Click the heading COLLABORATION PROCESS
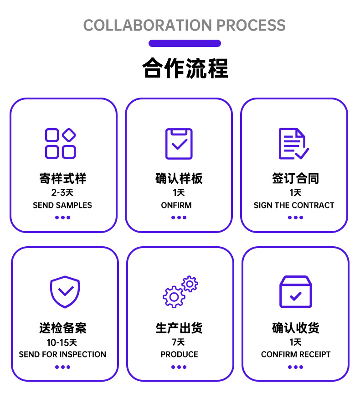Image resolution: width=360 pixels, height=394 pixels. pyautogui.click(x=185, y=25)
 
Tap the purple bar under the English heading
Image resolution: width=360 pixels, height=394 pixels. pyautogui.click(x=185, y=43)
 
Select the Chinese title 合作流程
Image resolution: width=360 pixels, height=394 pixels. pyautogui.click(x=185, y=68)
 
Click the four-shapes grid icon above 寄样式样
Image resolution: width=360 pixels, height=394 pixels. pyautogui.click(x=60, y=143)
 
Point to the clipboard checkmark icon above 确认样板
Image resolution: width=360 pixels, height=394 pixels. pyautogui.click(x=179, y=144)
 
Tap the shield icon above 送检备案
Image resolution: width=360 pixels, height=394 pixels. pyautogui.click(x=65, y=292)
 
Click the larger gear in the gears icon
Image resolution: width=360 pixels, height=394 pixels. pyautogui.click(x=174, y=297)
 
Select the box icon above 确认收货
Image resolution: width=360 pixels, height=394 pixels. pyautogui.click(x=295, y=292)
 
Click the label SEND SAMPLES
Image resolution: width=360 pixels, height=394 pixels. pyautogui.click(x=62, y=205)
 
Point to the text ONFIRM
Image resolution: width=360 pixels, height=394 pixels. pyautogui.click(x=176, y=205)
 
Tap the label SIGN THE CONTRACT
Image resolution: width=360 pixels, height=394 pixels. pyautogui.click(x=294, y=205)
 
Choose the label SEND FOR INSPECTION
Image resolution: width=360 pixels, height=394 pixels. pyautogui.click(x=62, y=354)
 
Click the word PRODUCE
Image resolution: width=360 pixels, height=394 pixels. pyautogui.click(x=179, y=354)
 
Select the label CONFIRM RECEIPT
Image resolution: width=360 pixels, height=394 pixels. pyautogui.click(x=296, y=354)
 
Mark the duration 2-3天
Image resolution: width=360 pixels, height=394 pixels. pyautogui.click(x=62, y=192)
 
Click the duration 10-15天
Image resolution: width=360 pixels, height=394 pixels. pyautogui.click(x=62, y=342)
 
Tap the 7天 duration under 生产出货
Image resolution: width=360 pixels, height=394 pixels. pyautogui.click(x=178, y=342)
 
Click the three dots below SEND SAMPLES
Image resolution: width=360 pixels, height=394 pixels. pyautogui.click(x=62, y=218)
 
